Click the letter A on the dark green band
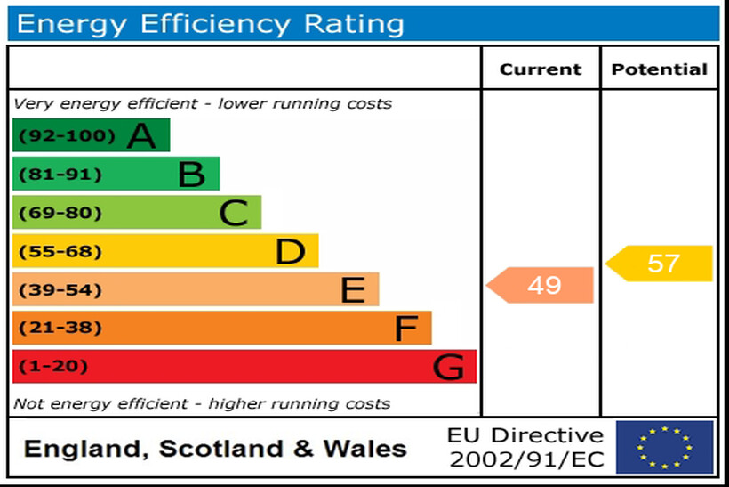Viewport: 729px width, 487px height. (x=141, y=136)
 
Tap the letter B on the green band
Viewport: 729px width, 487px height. (x=191, y=175)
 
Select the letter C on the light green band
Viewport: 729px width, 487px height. (x=233, y=214)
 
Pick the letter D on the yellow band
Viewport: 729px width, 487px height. (x=290, y=252)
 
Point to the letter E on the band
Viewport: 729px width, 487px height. (x=352, y=290)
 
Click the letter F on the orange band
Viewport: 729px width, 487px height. (x=405, y=329)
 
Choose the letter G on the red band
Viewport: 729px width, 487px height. (x=449, y=367)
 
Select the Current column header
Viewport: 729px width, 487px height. (x=541, y=69)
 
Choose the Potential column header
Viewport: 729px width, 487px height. (x=660, y=69)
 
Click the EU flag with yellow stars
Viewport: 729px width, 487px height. (x=665, y=447)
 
